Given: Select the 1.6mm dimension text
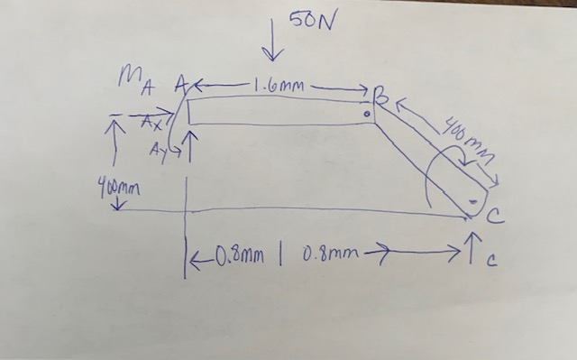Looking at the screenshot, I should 279,87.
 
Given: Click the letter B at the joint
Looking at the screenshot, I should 381,94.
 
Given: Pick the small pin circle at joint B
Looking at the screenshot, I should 368,115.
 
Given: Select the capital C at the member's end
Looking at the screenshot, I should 497,215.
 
